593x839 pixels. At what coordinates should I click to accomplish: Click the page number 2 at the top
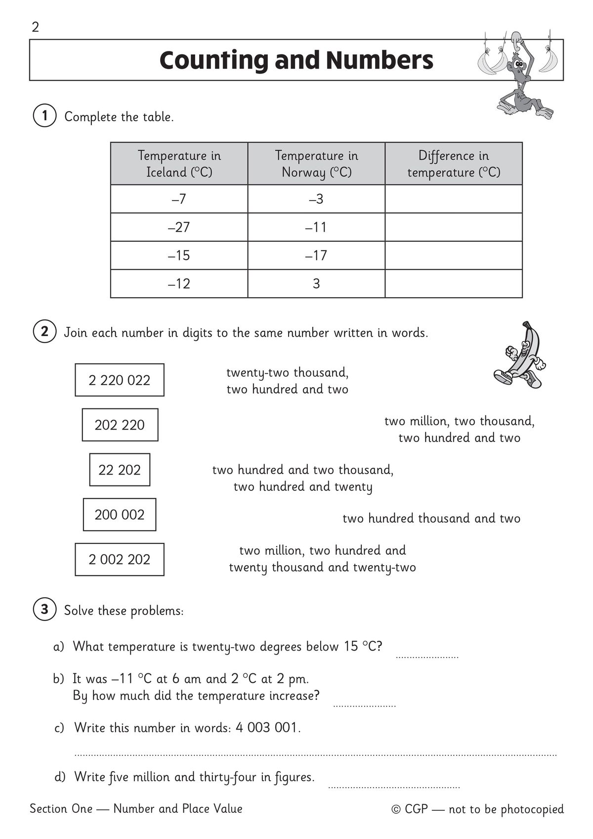pos(35,27)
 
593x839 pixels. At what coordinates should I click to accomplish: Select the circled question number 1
pos(44,116)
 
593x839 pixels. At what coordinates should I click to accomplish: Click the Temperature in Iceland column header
pos(179,164)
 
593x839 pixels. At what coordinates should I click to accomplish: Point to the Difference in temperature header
pos(454,164)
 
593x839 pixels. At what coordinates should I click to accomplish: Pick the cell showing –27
pos(179,227)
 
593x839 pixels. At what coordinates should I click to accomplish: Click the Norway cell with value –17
pos(316,256)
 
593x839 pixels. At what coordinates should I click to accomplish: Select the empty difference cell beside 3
pos(454,284)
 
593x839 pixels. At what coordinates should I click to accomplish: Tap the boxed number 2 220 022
pos(120,380)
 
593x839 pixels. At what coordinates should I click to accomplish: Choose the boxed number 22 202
pos(120,470)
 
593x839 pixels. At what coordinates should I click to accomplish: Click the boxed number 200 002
pos(120,515)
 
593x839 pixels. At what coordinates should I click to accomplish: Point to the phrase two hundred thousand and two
pos(431,518)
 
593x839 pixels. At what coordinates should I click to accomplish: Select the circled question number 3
pos(44,610)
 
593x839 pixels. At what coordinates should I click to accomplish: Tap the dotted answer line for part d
pos(394,786)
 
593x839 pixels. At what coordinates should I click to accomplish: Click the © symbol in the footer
pos(396,809)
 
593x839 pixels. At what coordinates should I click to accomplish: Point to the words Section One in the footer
pos(61,809)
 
